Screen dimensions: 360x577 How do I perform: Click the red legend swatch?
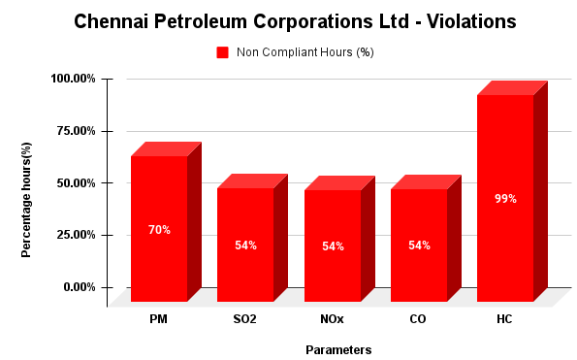point(222,52)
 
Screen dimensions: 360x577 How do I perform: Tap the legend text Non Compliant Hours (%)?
point(305,52)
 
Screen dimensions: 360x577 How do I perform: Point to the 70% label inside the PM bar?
point(159,230)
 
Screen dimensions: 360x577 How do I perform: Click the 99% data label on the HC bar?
point(505,199)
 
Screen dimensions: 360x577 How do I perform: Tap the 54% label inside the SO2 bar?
point(245,245)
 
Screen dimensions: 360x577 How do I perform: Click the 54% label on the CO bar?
point(419,245)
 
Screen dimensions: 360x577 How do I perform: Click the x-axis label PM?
point(159,318)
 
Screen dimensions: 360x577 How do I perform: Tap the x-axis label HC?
point(505,318)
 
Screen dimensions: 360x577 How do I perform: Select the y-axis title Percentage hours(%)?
point(28,199)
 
